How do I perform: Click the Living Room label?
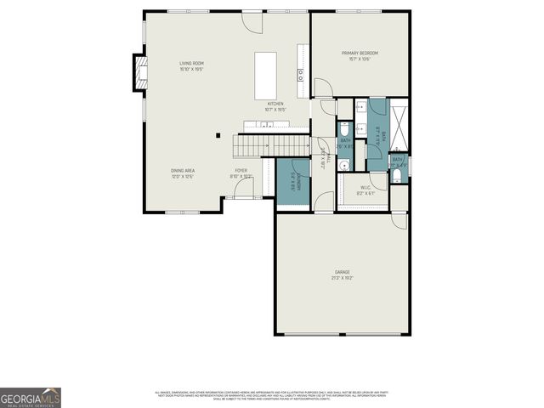[x=191, y=64]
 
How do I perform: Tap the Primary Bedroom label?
[x=360, y=53]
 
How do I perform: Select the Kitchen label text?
[x=275, y=104]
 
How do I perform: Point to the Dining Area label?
[x=184, y=171]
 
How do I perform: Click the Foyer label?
[x=241, y=171]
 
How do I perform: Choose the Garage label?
[x=342, y=273]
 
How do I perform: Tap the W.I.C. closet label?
[x=364, y=189]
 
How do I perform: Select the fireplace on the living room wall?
[x=137, y=73]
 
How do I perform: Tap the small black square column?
[x=218, y=134]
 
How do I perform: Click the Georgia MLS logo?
[x=31, y=398]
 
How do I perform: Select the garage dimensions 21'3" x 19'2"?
[x=342, y=278]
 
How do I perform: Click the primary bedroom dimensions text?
[x=360, y=59]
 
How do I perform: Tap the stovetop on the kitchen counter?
[x=301, y=75]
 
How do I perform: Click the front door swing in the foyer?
[x=243, y=192]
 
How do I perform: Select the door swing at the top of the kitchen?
[x=253, y=21]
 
